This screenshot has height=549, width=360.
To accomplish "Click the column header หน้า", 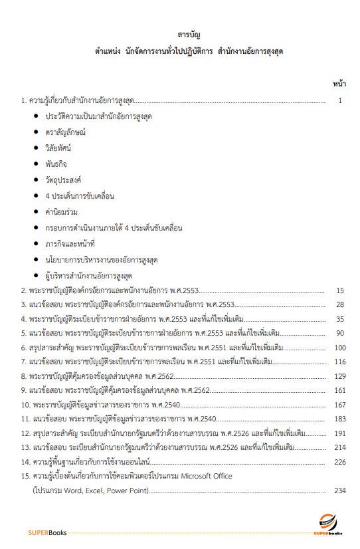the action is (338, 84).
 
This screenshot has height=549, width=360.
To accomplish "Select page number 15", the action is (340, 290).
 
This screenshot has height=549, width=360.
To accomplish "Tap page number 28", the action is (340, 304).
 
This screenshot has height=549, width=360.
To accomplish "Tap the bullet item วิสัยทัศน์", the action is (58, 147).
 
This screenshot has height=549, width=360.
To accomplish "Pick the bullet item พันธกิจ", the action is (56, 163).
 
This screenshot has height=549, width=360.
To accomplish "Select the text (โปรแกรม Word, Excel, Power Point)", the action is (92, 491).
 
